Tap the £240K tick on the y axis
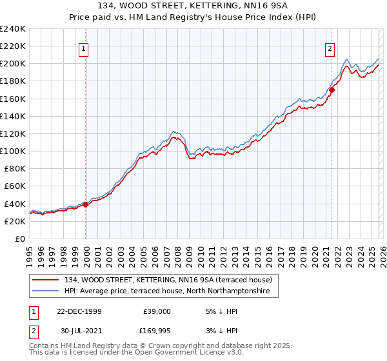coord(13,29)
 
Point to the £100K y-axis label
coord(13,151)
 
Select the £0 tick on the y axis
coord(19,239)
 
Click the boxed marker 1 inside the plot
coord(85,47)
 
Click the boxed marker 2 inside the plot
coord(330,47)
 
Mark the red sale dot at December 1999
coord(85,204)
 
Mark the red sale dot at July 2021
coord(332,90)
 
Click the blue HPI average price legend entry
coord(171,291)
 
